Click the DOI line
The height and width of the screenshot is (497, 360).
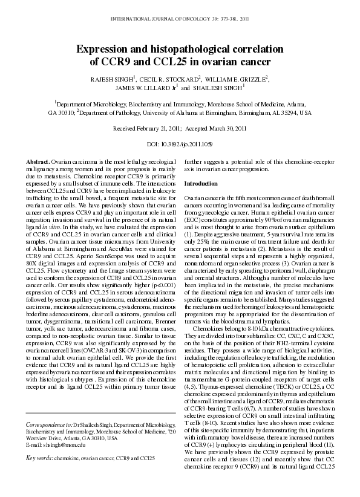click(x=180, y=145)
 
